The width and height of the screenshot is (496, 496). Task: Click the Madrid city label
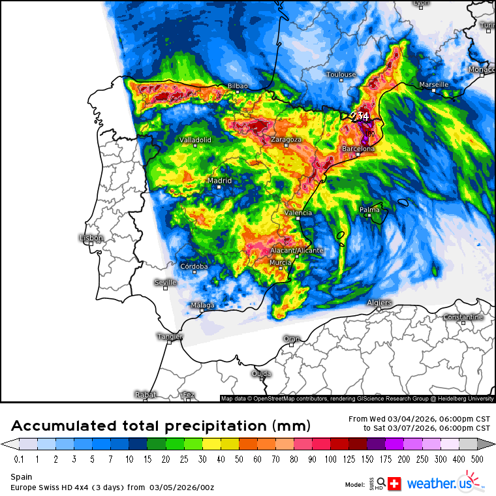tap(219, 181)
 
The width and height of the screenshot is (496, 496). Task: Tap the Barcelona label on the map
tap(358, 149)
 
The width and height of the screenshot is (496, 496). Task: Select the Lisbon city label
tap(91, 238)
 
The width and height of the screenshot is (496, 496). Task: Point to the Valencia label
tap(298, 213)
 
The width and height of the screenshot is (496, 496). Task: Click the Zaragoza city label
tap(286, 140)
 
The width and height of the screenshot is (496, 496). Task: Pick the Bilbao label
tap(238, 86)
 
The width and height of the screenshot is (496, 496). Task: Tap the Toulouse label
tap(341, 75)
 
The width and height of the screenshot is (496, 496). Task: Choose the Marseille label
tap(434, 85)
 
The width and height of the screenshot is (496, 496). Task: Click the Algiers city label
tap(379, 302)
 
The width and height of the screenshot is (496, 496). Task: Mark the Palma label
tap(369, 209)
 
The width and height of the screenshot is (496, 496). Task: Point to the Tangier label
tap(170, 337)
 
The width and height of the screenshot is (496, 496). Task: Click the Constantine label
tap(463, 317)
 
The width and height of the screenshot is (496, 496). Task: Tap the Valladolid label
tap(196, 140)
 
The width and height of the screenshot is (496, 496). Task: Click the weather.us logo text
tap(441, 484)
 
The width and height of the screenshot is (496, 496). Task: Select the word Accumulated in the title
tap(65, 426)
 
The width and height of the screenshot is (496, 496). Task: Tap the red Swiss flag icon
tap(394, 484)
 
